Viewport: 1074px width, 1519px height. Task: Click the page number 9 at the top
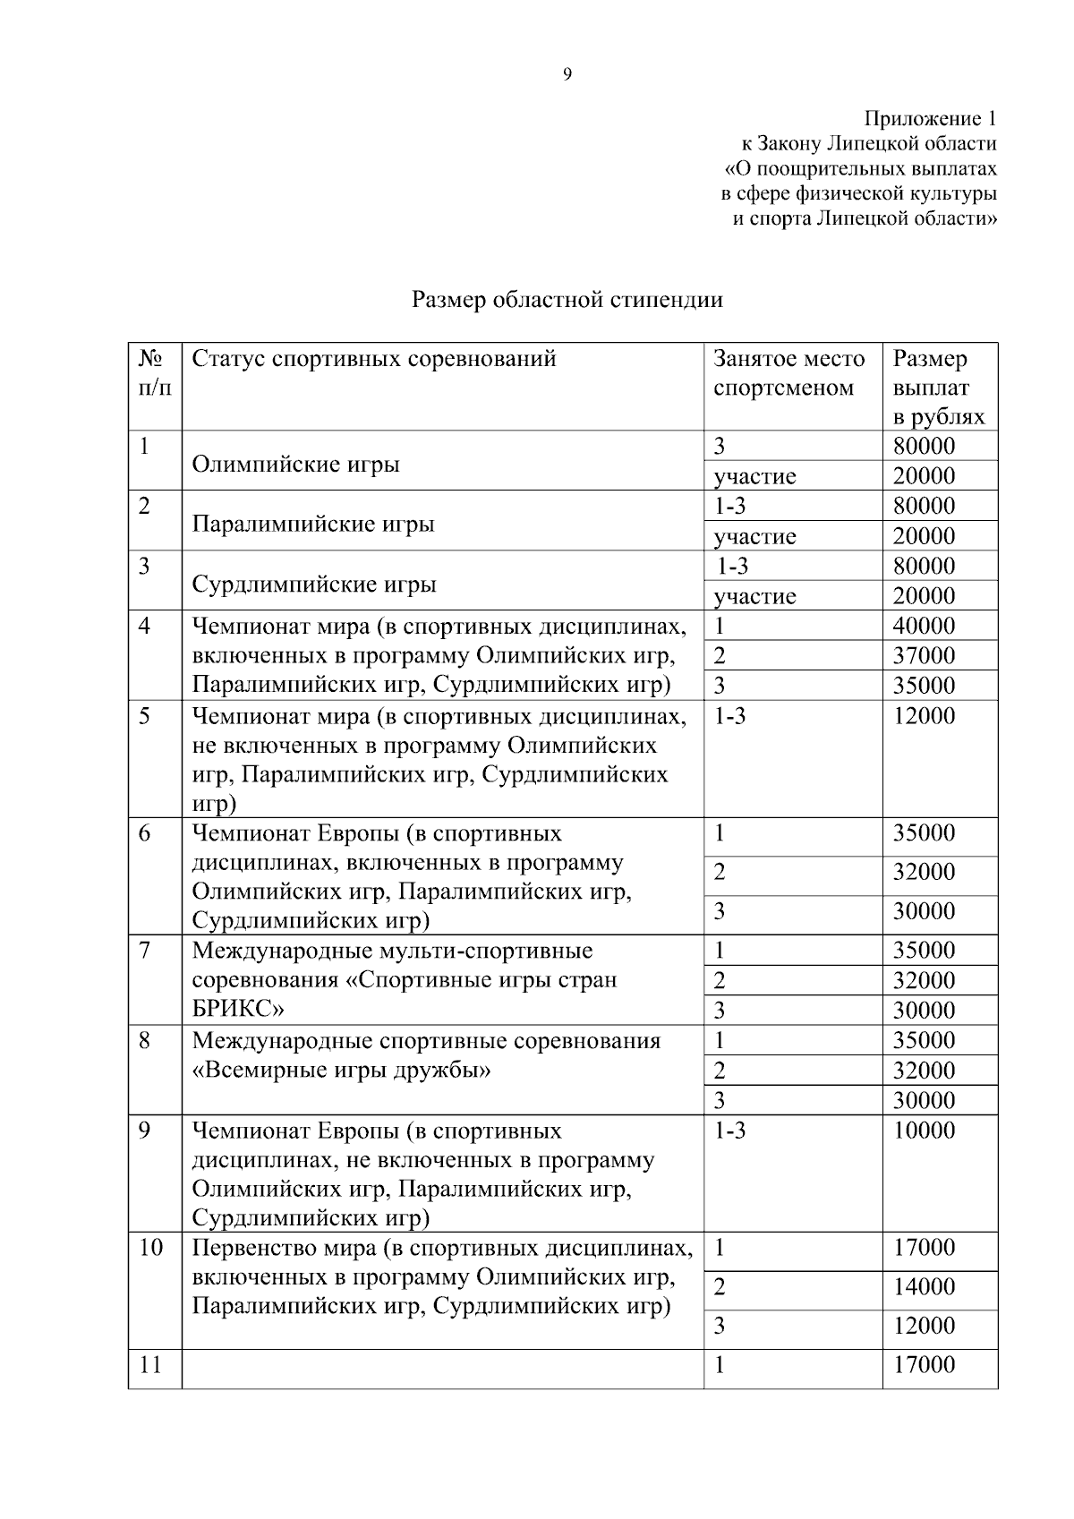click(x=567, y=74)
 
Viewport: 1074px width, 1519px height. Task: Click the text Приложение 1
click(x=929, y=118)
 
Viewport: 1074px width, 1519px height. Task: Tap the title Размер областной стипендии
click(x=567, y=300)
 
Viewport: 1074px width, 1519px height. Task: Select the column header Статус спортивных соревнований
click(x=374, y=359)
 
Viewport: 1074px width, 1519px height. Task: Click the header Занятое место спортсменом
click(x=788, y=373)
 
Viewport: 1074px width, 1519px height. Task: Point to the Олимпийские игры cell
click(x=295, y=465)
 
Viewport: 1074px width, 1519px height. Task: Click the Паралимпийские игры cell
click(x=313, y=524)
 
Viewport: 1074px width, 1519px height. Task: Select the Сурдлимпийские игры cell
click(x=314, y=585)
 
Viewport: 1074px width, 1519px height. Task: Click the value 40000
click(x=924, y=626)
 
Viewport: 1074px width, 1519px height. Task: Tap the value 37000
click(x=924, y=655)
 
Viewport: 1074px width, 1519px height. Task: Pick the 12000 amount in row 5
click(x=924, y=716)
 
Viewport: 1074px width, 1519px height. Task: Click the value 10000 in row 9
click(x=924, y=1131)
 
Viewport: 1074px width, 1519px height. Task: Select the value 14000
click(x=924, y=1287)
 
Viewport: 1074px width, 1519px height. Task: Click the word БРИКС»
click(x=238, y=1010)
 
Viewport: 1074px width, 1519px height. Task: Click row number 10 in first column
click(x=150, y=1248)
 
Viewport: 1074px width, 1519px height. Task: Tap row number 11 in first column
click(x=150, y=1365)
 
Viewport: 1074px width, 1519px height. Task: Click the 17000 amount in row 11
click(x=924, y=1365)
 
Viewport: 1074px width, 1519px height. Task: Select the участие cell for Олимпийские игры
click(x=754, y=476)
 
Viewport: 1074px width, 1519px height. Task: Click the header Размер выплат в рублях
click(x=937, y=388)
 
